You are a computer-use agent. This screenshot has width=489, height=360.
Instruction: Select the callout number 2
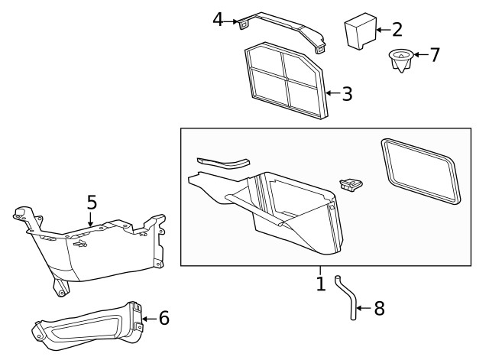pos(397,30)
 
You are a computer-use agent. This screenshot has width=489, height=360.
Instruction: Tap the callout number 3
pos(347,94)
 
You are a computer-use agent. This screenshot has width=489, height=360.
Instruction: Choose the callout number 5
pos(91,203)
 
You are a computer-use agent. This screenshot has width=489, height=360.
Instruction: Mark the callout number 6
pos(164,317)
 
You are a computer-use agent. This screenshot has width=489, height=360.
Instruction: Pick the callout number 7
pos(434,55)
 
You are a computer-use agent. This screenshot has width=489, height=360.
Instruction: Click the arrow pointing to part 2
pos(381,31)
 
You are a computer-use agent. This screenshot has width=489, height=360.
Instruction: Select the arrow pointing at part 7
pos(419,55)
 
